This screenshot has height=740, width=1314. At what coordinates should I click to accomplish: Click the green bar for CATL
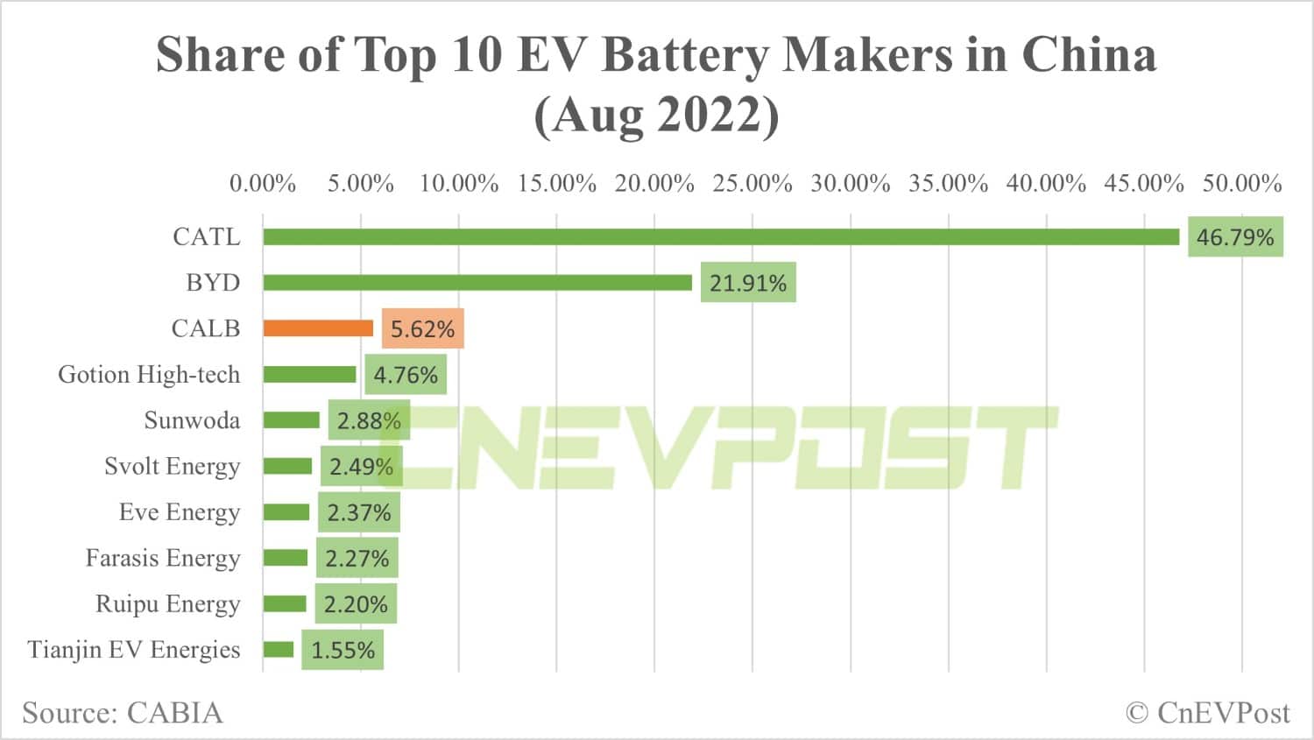click(721, 236)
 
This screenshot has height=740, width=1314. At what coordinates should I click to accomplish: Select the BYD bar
click(477, 282)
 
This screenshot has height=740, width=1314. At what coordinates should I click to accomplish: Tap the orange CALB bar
click(318, 328)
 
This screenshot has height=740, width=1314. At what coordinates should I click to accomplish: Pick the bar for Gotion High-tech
click(309, 375)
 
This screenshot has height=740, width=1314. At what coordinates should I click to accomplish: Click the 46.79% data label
click(1235, 237)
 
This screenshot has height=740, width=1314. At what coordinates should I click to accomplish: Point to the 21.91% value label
click(748, 283)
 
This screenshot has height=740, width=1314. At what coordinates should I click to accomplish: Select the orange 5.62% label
click(422, 329)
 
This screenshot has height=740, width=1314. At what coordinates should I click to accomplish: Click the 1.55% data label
click(343, 651)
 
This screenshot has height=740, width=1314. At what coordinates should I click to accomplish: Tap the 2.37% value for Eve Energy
click(358, 512)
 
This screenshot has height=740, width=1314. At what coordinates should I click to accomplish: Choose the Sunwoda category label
click(192, 420)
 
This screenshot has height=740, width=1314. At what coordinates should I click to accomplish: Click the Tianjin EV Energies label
click(134, 650)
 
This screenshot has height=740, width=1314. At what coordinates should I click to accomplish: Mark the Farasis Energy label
click(163, 558)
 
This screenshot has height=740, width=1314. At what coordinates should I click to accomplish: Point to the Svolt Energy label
click(172, 466)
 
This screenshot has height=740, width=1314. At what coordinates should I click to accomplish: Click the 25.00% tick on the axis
click(752, 184)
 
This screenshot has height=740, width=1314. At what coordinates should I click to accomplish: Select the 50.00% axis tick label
click(1241, 184)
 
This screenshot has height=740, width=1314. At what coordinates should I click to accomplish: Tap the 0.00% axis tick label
click(263, 184)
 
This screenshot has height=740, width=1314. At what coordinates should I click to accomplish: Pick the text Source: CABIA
click(123, 713)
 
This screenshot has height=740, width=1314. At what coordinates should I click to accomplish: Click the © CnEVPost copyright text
click(1207, 713)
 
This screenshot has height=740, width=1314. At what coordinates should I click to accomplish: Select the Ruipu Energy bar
click(285, 604)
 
